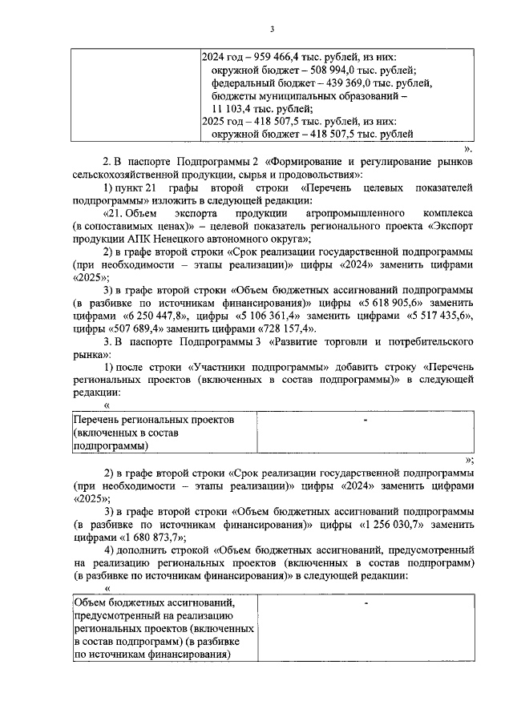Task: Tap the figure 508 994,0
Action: pos(317,70)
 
